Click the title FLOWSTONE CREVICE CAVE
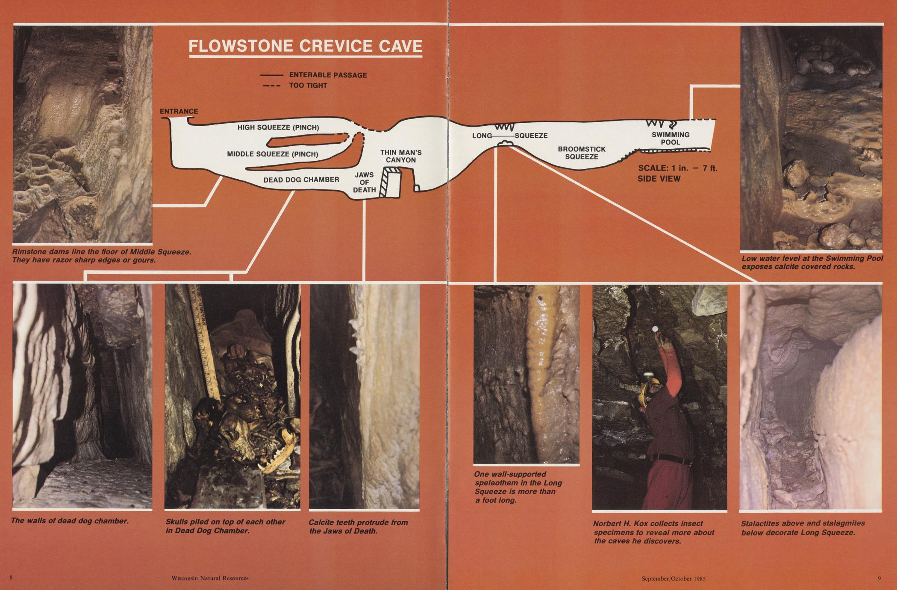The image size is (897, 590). [x=306, y=46]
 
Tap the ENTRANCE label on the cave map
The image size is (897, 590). [x=179, y=112]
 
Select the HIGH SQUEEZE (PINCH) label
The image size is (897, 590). [x=278, y=127]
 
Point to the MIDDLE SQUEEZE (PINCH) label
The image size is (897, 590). [x=273, y=154]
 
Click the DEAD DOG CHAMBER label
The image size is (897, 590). [x=301, y=180]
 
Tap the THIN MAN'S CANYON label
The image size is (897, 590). [x=401, y=156]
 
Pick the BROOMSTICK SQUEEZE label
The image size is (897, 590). [x=582, y=153]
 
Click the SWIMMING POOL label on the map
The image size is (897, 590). [x=671, y=138]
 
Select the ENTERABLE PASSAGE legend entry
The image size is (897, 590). [x=314, y=75]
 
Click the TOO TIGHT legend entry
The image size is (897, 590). [x=295, y=86]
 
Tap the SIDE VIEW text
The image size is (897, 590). [x=659, y=179]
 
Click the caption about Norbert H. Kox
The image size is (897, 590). [x=653, y=532]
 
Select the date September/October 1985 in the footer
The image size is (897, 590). [x=673, y=579]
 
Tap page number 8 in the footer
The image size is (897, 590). [x=11, y=578]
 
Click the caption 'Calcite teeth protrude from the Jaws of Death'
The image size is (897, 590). [x=358, y=527]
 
